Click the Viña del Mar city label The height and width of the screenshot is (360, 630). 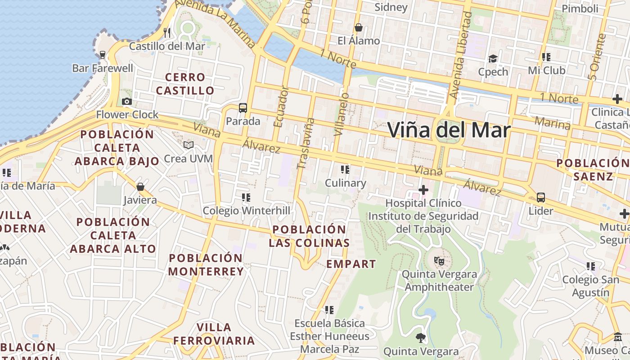(449, 130)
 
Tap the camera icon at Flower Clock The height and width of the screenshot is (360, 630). (127, 102)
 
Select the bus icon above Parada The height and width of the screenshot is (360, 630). (243, 108)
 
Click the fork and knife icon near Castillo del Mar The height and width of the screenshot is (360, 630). (167, 32)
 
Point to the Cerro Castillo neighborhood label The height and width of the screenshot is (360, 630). (185, 84)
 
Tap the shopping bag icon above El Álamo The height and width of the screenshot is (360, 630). (359, 27)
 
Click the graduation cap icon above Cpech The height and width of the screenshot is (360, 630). (493, 59)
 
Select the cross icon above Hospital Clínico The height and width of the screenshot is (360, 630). (423, 190)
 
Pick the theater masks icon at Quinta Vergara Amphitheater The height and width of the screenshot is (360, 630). (439, 261)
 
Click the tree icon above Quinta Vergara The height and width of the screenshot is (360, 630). (421, 337)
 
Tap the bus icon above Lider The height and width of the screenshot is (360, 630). (541, 197)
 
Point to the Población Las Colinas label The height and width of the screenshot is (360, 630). (309, 236)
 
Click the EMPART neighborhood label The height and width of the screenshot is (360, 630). (351, 264)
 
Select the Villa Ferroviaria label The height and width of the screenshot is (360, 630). (214, 334)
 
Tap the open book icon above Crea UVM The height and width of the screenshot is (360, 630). (188, 145)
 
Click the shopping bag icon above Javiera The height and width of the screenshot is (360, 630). (140, 186)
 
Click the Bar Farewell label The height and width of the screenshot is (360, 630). (103, 68)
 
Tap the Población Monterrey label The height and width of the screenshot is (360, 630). (206, 265)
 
